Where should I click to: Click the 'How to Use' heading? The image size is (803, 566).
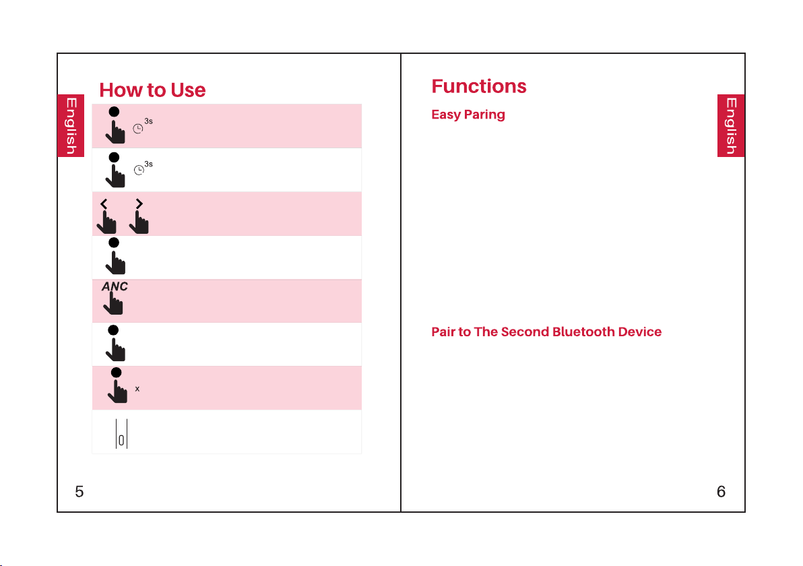[x=152, y=90]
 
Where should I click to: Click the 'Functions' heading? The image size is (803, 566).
[x=479, y=86]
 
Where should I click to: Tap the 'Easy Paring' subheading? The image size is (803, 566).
[x=468, y=115]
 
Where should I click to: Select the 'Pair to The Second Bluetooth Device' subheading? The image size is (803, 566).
[x=546, y=332]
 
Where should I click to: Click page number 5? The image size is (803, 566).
[x=79, y=492]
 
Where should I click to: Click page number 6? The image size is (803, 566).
[x=721, y=492]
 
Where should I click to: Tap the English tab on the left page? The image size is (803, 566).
[x=71, y=125]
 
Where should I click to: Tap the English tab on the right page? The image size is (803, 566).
[x=731, y=125]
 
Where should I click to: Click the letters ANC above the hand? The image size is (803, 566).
[x=115, y=286]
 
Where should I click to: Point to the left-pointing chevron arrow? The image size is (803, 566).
[x=104, y=204]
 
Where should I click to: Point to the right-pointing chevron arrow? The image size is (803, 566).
[x=139, y=204]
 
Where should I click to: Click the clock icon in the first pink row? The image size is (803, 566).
[x=137, y=129]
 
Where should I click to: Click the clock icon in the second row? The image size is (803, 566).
[x=139, y=170]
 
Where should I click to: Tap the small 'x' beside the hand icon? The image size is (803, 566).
[x=137, y=389]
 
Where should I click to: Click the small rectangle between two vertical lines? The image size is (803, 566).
[x=121, y=440]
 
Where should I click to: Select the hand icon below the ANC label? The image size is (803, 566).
[x=113, y=303]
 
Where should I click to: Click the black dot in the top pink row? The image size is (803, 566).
[x=115, y=112]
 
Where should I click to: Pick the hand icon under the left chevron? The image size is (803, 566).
[x=106, y=222]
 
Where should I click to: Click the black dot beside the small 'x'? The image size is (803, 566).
[x=117, y=373]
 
